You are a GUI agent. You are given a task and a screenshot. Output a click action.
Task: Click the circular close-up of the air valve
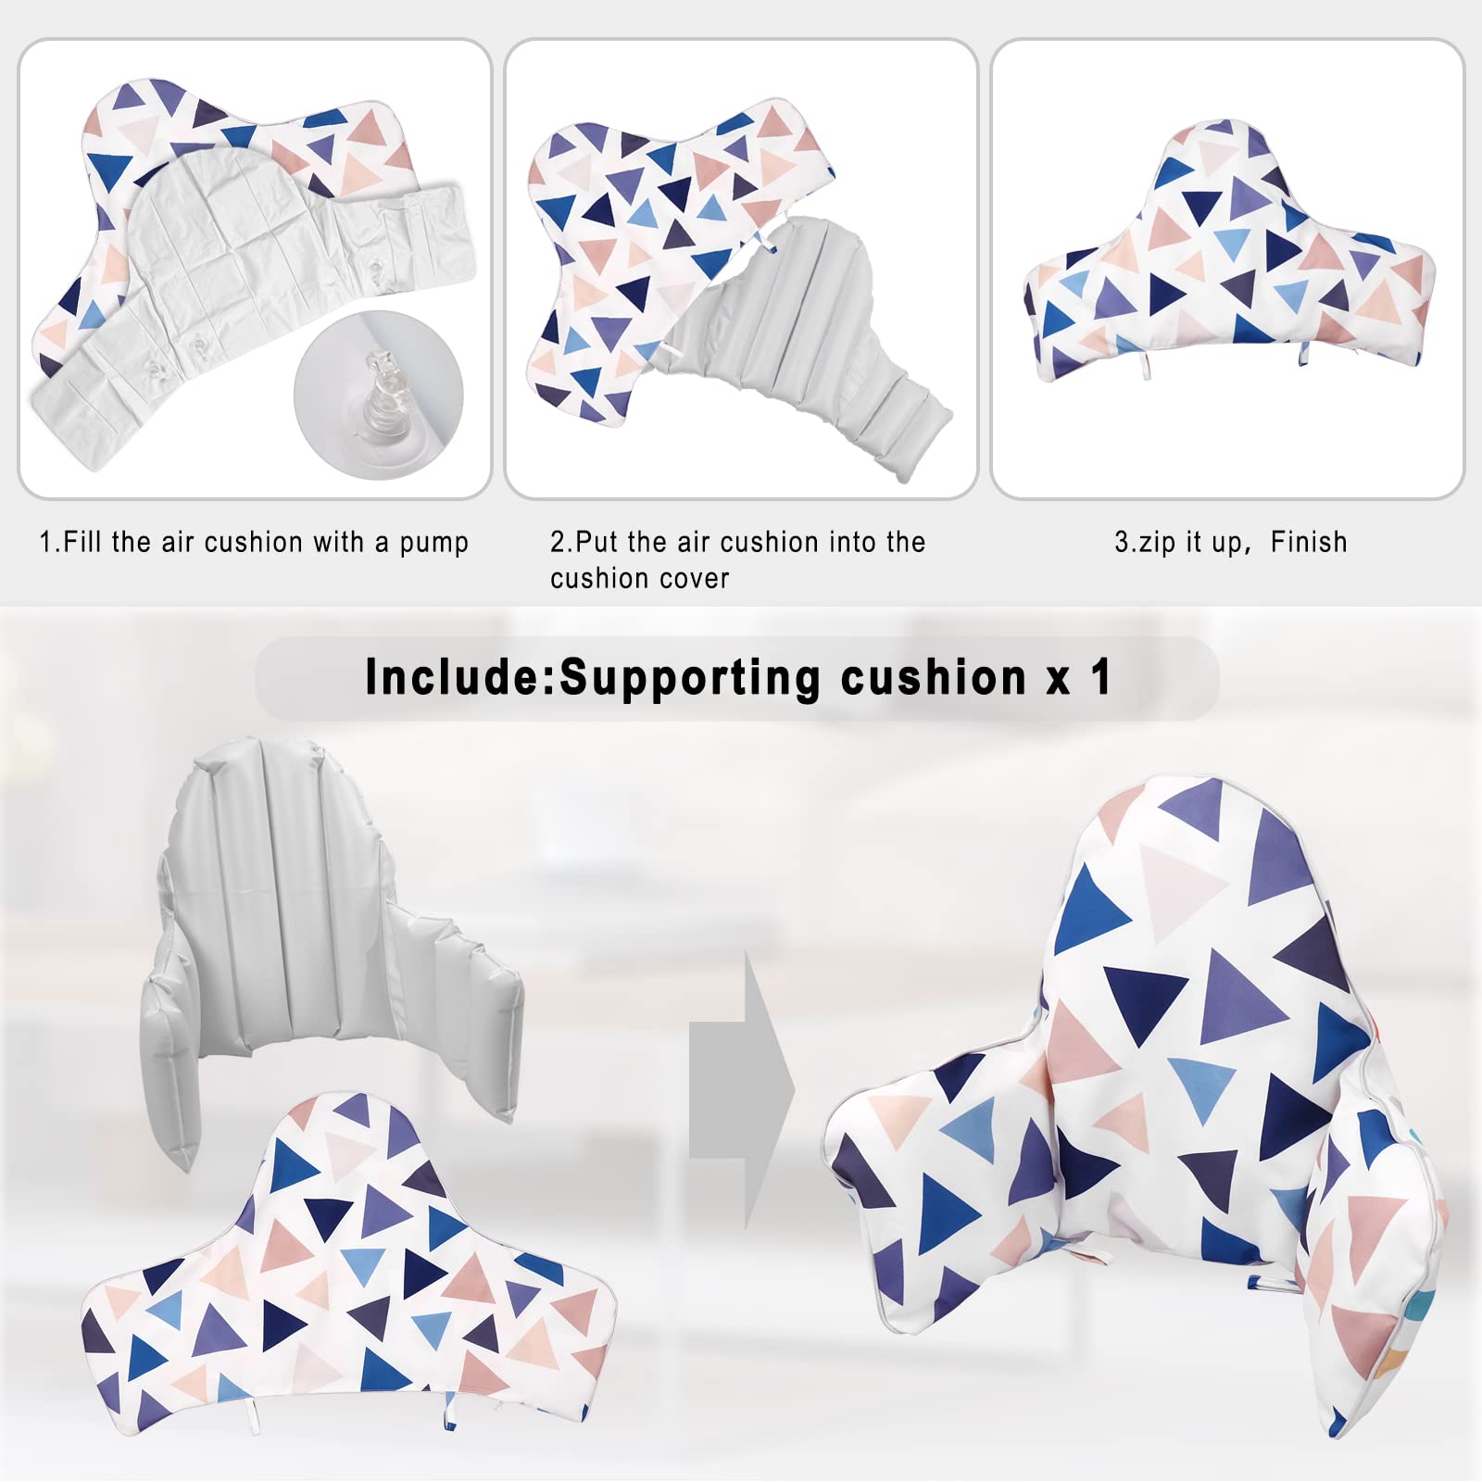coord(378,396)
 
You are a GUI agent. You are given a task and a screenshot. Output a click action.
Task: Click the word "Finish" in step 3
coord(1309,541)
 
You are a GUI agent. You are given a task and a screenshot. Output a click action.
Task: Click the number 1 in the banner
coord(1101,676)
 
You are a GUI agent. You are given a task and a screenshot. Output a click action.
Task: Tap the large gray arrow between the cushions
coord(742,1090)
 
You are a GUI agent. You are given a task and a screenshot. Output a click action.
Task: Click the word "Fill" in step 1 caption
coord(82,542)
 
